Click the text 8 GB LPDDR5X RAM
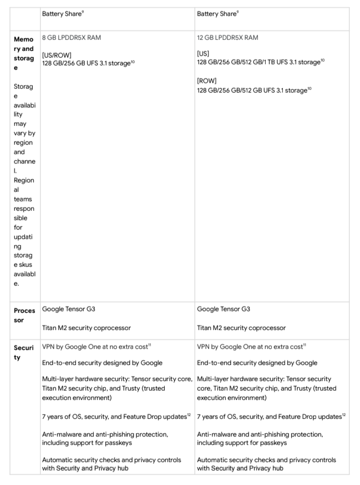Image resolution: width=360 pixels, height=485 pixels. (72, 38)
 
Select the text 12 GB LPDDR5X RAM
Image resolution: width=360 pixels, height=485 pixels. (227, 38)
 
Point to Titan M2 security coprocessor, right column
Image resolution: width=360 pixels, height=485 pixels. (241, 327)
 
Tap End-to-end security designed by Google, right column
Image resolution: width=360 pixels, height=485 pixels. (257, 363)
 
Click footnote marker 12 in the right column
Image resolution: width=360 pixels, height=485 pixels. (344, 415)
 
